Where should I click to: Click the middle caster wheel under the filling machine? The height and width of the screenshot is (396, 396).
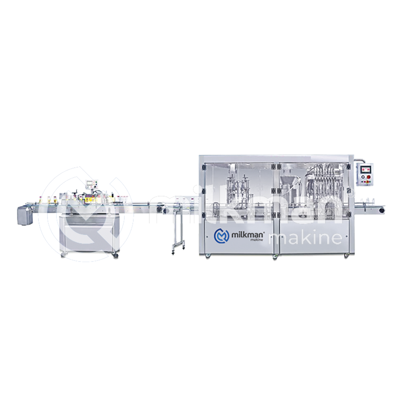(274, 257)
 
